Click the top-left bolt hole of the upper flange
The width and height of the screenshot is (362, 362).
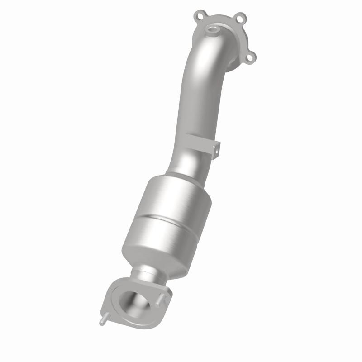pyautogui.click(x=200, y=16)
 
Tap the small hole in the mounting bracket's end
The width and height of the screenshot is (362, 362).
pyautogui.click(x=216, y=148)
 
